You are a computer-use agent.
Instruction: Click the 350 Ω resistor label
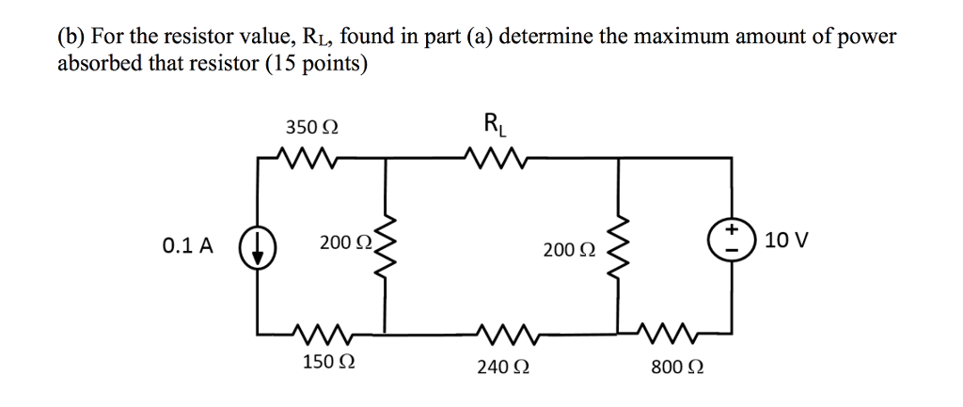313,128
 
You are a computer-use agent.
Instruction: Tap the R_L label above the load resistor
493,123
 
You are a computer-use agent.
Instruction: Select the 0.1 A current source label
187,246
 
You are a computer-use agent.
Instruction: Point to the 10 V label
786,242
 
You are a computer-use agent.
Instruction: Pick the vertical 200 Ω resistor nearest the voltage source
618,246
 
